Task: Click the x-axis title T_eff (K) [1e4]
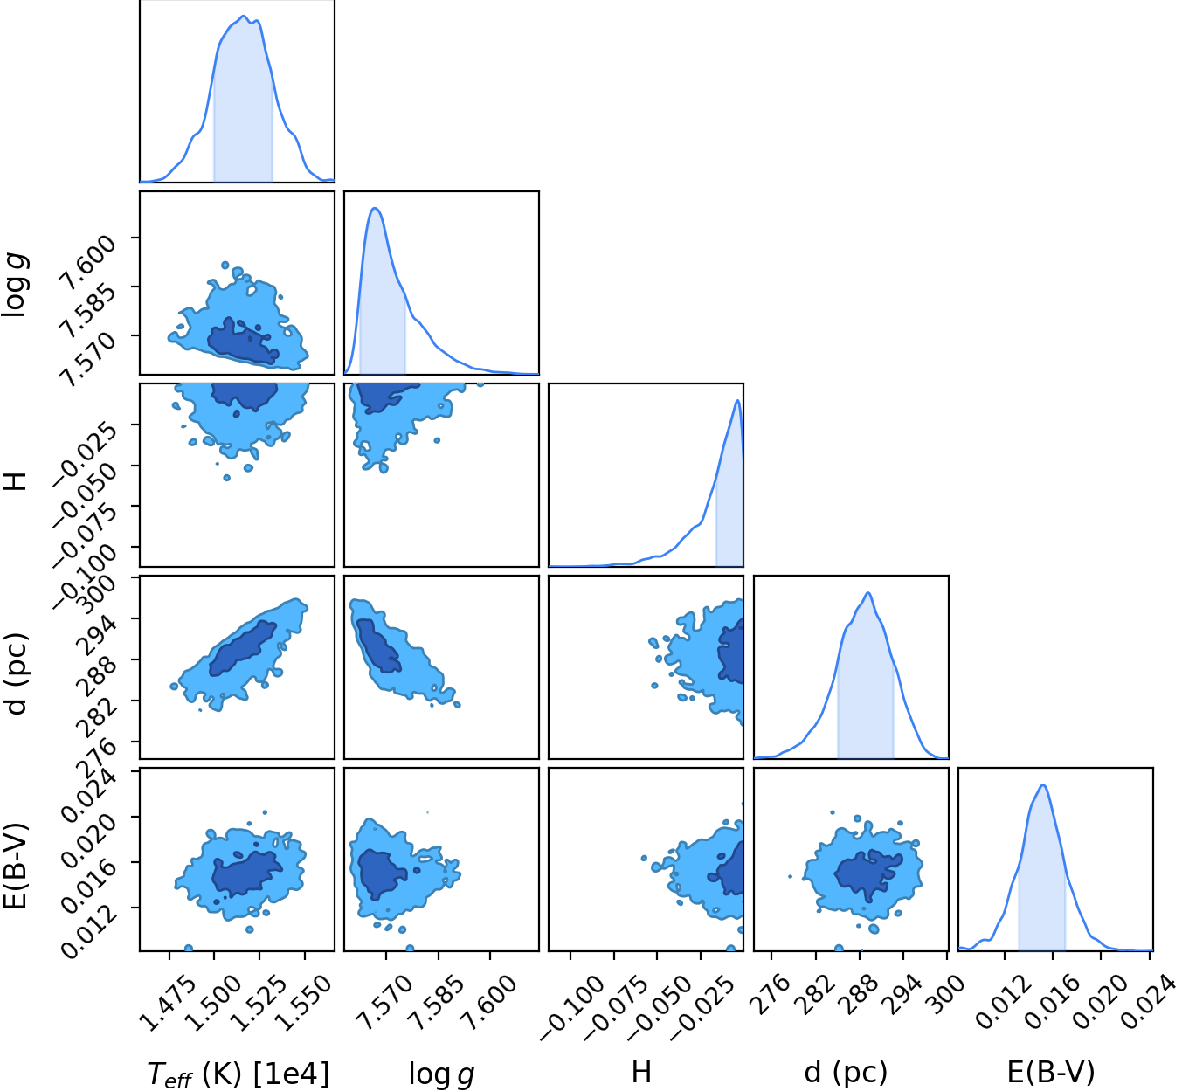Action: [x=238, y=1074]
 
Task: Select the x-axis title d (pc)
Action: [x=846, y=1073]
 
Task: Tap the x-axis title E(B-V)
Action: [x=1051, y=1073]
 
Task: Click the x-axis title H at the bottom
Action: [x=641, y=1072]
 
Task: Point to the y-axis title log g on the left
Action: [x=15, y=285]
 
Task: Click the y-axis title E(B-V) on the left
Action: [x=15, y=867]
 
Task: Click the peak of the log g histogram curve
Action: [x=375, y=208]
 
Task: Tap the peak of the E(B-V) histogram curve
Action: [x=1043, y=784]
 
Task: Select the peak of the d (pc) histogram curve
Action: [x=868, y=593]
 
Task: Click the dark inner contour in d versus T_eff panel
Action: [x=243, y=647]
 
